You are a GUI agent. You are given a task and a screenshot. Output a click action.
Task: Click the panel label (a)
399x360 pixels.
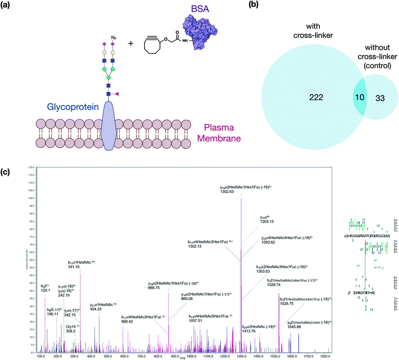[9, 7]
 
